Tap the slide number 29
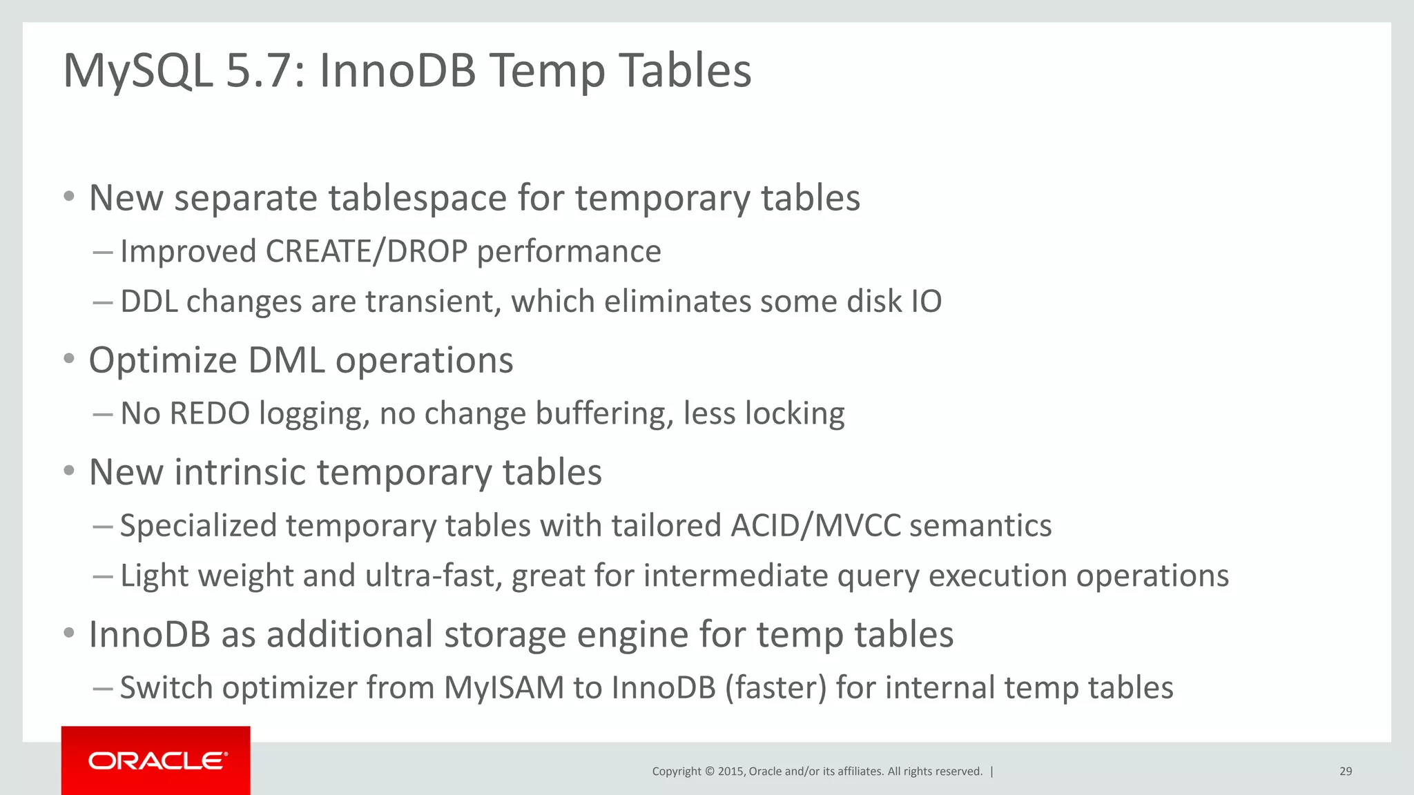pos(1345,772)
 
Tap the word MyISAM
pos(503,688)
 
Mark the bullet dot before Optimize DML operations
pos(68,359)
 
